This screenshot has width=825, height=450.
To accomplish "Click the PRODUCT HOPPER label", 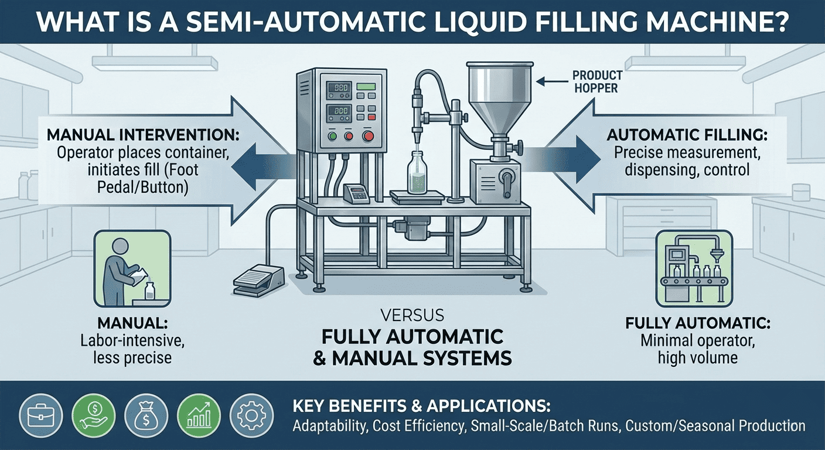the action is click(597, 82).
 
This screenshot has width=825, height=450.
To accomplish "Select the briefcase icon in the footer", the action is click(41, 416).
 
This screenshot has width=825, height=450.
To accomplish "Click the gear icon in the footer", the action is click(251, 416).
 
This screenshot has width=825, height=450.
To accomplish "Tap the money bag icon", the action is click(146, 416).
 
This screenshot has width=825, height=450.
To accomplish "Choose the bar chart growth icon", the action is click(199, 416).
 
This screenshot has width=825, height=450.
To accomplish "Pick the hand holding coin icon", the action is click(94, 416).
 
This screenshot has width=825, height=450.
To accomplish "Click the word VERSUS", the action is click(412, 315).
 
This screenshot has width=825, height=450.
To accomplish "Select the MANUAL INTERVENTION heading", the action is click(143, 135).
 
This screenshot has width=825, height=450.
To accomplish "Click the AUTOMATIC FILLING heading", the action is click(687, 135).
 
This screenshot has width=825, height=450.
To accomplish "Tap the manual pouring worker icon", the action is click(132, 269).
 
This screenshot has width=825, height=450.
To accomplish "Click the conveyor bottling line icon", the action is click(694, 269).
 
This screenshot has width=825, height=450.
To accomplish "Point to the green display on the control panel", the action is click(366, 87).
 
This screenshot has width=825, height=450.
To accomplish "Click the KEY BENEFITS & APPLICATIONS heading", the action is click(422, 406).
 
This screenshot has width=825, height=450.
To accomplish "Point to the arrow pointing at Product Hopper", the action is click(552, 81).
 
